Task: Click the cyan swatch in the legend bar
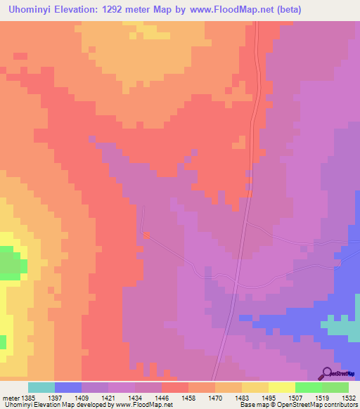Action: (41, 387)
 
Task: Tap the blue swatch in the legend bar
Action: (68, 387)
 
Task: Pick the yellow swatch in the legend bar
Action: (282, 387)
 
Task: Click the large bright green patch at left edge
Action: (8, 265)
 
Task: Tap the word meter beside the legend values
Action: (10, 398)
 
